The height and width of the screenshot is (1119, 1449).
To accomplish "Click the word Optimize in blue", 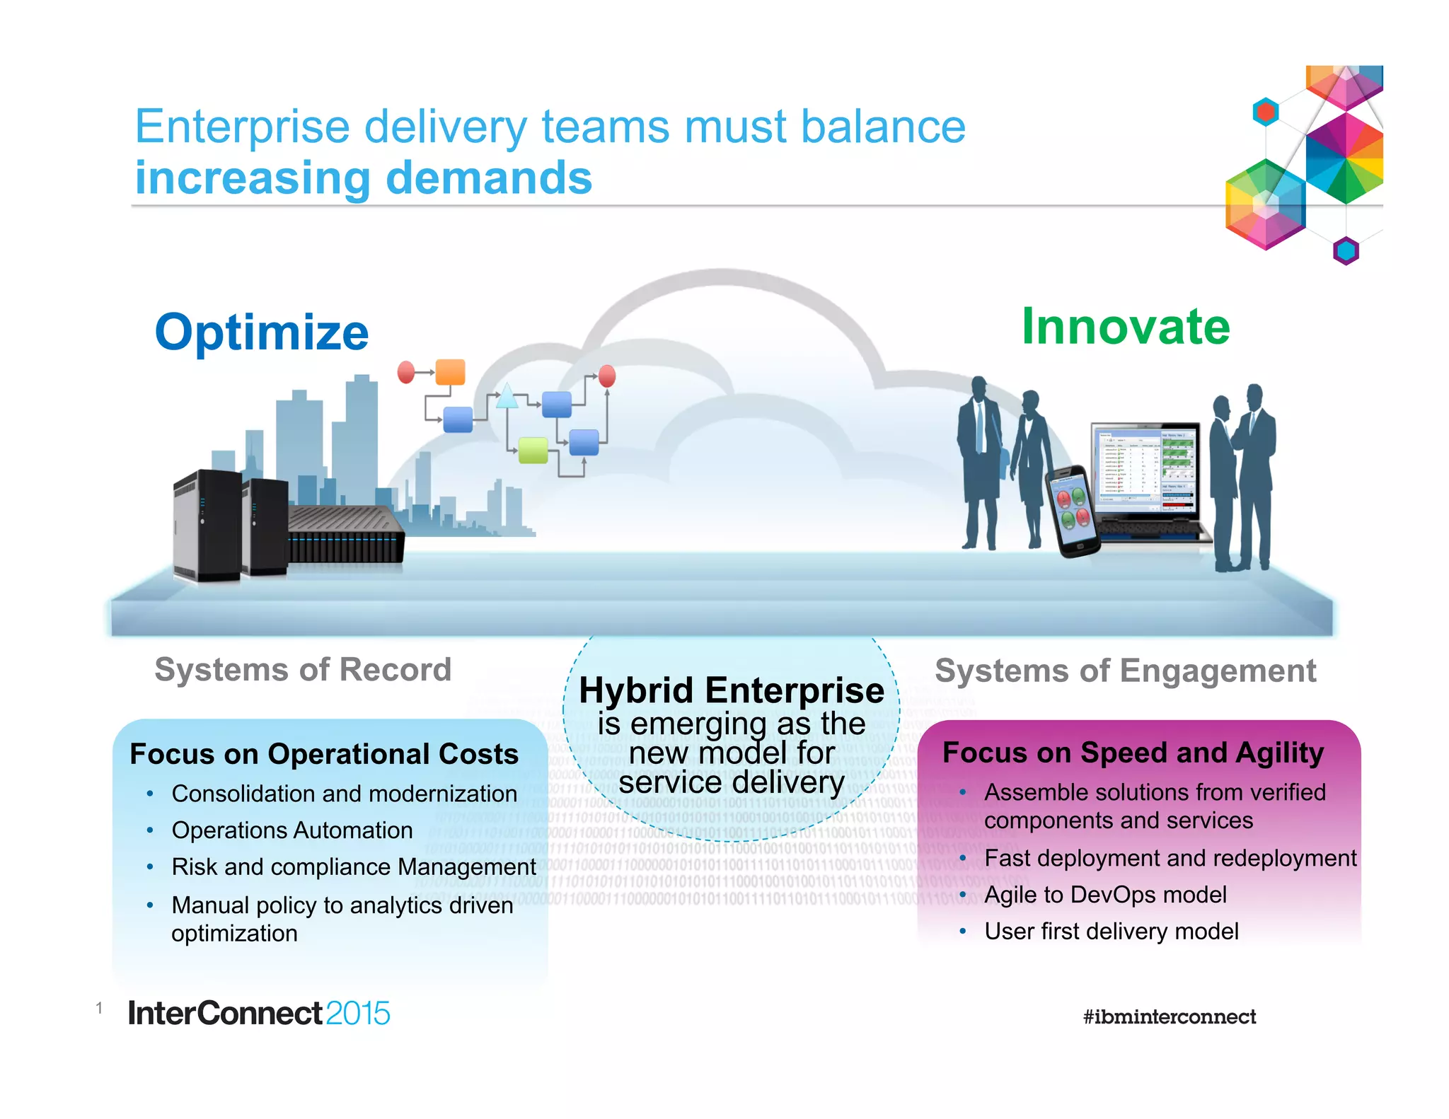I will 262,332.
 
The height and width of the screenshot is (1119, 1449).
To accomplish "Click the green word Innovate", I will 1126,327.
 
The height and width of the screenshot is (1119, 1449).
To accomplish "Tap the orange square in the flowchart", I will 450,372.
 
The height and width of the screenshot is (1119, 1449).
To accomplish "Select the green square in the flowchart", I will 533,450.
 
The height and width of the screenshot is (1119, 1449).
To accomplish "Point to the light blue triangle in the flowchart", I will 507,397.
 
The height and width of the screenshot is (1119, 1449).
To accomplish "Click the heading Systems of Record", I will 303,669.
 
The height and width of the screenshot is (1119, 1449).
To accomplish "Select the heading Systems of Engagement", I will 1125,671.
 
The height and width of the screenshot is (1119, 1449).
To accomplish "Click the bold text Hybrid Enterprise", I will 731,690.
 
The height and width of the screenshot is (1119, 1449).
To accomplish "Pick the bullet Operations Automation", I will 291,830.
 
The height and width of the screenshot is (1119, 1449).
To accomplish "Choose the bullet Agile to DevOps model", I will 1104,895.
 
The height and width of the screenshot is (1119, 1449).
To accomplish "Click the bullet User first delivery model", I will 1111,932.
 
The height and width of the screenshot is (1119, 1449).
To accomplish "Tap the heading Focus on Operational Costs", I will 324,754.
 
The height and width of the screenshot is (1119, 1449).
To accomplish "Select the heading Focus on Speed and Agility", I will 1133,753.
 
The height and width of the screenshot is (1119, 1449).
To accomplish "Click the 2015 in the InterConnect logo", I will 358,1014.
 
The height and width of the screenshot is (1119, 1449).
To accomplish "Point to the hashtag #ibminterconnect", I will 1169,1017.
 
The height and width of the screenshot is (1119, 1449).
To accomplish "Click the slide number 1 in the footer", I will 99,1008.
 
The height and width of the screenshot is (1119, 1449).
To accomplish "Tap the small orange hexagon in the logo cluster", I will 1265,112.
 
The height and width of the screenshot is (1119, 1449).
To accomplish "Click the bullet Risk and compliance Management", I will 353,866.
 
